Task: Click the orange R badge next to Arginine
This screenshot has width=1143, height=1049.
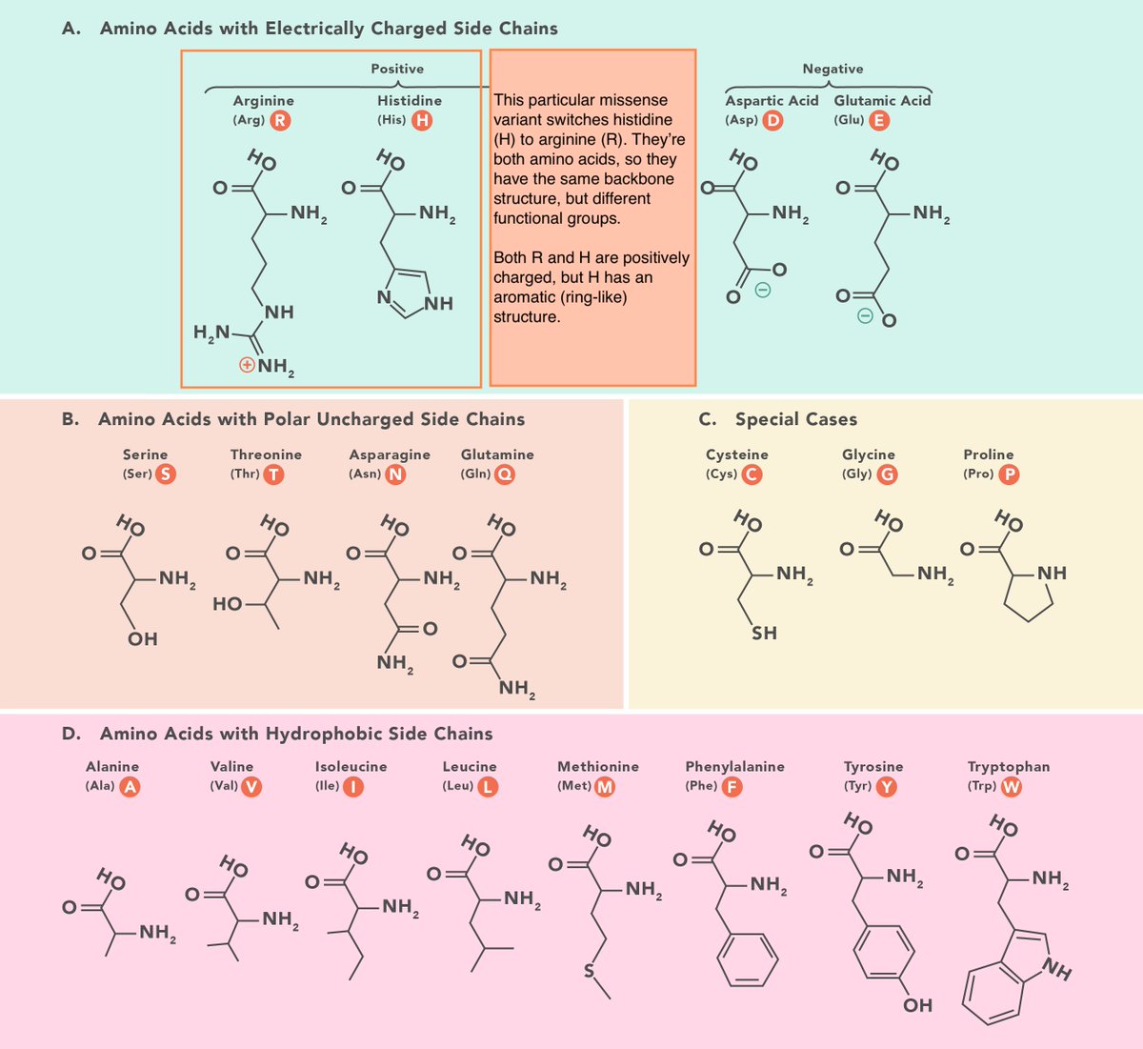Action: click(280, 120)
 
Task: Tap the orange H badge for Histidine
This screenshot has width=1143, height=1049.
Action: click(421, 120)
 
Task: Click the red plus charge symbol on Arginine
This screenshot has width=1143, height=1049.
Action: click(247, 364)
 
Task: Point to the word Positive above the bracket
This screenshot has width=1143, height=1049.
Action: click(397, 69)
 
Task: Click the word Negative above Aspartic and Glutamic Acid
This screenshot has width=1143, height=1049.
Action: click(832, 69)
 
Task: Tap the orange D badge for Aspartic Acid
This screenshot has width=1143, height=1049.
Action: click(773, 120)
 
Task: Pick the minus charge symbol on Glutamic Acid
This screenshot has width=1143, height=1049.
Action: click(864, 315)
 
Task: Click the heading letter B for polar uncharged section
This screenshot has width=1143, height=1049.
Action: click(70, 419)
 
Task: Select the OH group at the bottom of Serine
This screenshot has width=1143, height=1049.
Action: click(143, 639)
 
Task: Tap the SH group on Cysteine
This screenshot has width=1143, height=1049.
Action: click(764, 633)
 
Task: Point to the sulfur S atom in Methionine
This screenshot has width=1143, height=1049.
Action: click(589, 972)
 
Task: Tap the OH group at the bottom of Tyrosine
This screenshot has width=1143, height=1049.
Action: click(917, 1005)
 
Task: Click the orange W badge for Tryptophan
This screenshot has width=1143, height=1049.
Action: click(1012, 787)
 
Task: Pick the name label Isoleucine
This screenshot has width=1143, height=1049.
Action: click(351, 766)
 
